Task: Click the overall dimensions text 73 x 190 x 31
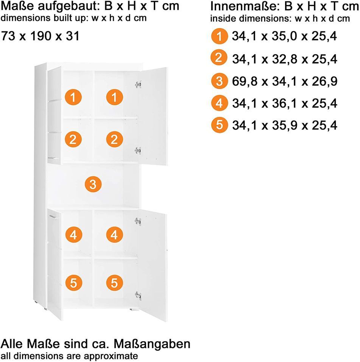[x=40, y=36]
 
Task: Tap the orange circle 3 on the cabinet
[x=93, y=184]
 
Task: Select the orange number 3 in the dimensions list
[x=219, y=81]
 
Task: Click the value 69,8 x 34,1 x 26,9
[x=285, y=81]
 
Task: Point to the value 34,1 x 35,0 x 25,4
[x=284, y=36]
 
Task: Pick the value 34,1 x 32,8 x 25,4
[x=285, y=59]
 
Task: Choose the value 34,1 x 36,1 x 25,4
[x=285, y=103]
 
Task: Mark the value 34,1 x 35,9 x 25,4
[x=285, y=125]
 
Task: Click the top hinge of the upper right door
[x=138, y=85]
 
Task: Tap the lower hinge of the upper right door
[x=138, y=151]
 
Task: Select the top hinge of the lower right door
[x=138, y=221]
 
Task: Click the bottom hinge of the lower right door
[x=138, y=296]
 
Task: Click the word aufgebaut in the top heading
[x=69, y=6]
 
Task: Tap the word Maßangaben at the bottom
[x=152, y=344]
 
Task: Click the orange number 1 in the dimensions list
[x=219, y=36]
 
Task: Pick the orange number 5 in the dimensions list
[x=219, y=125]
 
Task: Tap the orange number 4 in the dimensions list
[x=219, y=103]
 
